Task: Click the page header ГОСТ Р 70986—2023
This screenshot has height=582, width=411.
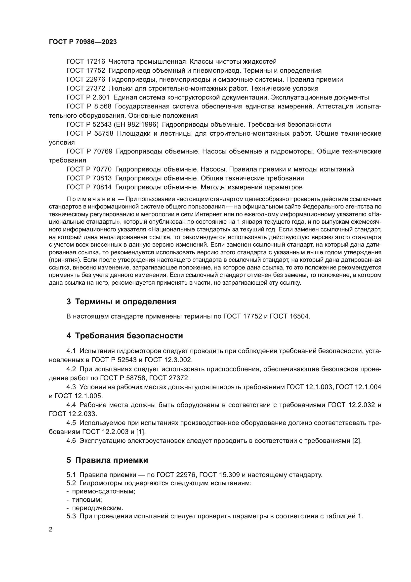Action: pyautogui.click(x=83, y=42)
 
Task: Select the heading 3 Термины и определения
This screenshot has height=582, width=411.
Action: pyautogui.click(x=122, y=302)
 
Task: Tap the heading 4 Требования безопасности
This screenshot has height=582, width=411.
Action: pyautogui.click(x=124, y=336)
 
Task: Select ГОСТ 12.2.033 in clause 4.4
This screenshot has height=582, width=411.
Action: pyautogui.click(x=73, y=414)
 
